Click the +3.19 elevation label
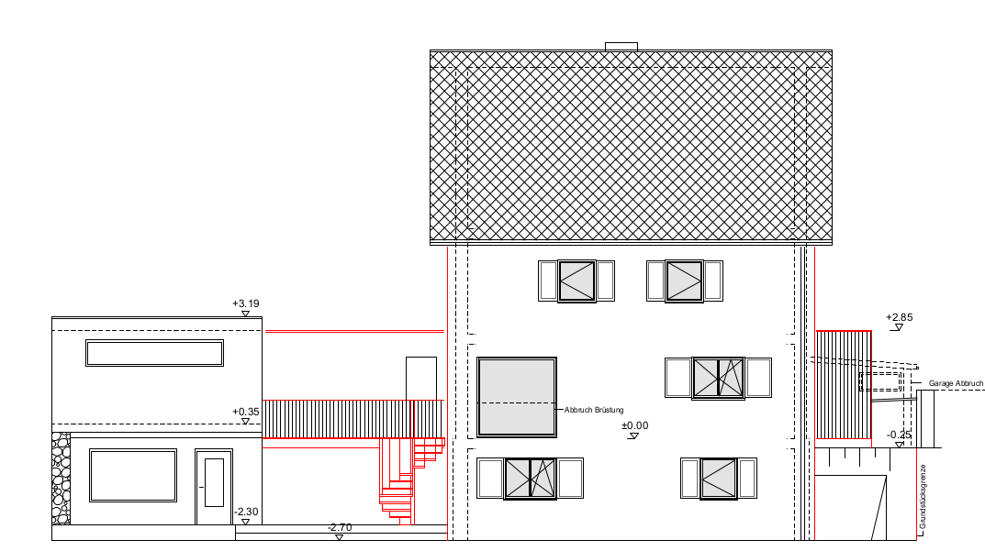click(x=246, y=303)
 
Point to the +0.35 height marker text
click(x=246, y=413)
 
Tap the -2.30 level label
click(x=246, y=512)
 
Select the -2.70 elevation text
click(x=340, y=527)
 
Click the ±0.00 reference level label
click(x=634, y=425)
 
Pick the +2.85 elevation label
click(x=899, y=317)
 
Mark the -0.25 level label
click(x=899, y=435)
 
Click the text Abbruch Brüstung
click(x=594, y=410)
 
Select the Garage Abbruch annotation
click(x=956, y=383)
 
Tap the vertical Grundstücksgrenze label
click(x=923, y=496)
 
